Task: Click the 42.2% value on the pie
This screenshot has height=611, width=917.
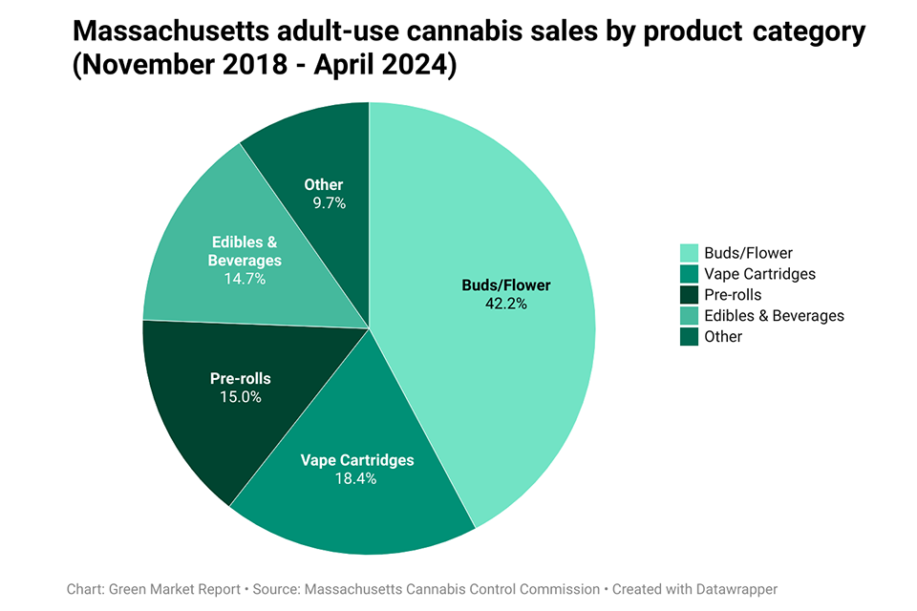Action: tap(506, 304)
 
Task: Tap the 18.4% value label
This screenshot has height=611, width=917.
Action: tap(357, 478)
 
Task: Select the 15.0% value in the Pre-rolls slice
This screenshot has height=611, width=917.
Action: tap(241, 397)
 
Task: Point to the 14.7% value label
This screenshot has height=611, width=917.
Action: tap(245, 279)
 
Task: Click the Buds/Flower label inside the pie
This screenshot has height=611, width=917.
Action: tap(506, 284)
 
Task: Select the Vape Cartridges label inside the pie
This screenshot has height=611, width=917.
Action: tap(357, 460)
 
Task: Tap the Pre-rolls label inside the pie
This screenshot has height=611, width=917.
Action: tap(241, 378)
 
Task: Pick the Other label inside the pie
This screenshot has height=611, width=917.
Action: tap(324, 184)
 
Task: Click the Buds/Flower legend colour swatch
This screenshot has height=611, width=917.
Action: tap(689, 253)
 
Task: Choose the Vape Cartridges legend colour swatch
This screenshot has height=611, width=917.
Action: tap(689, 274)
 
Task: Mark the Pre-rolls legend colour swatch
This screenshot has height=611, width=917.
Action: tap(689, 295)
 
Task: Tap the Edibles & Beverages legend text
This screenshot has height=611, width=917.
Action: tap(774, 316)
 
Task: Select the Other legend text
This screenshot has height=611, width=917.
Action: tap(723, 337)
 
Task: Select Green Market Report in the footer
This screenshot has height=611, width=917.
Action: tap(176, 589)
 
